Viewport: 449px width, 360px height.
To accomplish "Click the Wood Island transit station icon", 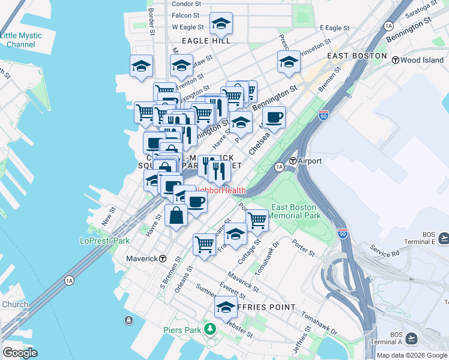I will [396, 60].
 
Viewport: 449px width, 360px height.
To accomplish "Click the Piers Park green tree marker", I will [209, 329].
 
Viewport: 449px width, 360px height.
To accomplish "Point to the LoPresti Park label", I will [105, 241].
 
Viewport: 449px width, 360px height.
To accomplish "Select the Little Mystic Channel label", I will [21, 40].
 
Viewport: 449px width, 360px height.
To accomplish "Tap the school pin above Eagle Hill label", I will [221, 24].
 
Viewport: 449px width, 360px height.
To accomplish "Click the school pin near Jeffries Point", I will [226, 307].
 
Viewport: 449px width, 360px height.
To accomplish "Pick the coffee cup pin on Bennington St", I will [274, 118].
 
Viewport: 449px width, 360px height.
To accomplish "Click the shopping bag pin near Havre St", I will [177, 215].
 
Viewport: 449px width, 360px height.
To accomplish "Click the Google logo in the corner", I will [20, 353].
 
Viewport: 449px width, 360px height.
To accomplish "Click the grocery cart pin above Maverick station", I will [204, 244].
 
